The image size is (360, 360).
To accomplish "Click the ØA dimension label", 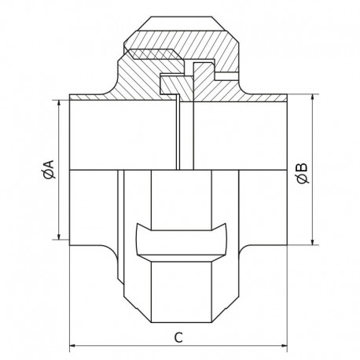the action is coord(49,169).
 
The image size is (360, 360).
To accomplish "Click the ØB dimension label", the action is coord(302,173).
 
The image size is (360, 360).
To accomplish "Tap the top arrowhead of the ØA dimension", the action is coord(59,103).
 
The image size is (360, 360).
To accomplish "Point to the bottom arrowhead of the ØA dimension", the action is coord(59,237).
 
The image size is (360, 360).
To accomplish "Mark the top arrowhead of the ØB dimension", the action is coord(312,97).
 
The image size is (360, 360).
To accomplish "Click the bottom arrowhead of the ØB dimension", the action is coord(312,242).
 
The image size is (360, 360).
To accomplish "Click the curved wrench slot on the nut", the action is coord(181,239).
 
